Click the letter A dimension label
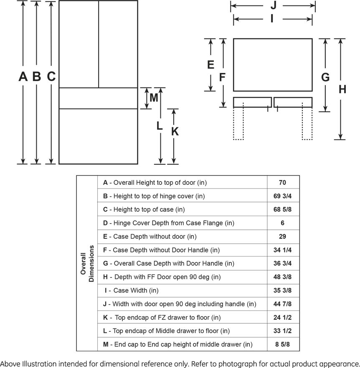23,76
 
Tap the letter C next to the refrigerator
51,76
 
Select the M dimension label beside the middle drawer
154,98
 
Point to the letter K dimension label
175,131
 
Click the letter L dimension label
160,126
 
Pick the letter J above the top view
273,5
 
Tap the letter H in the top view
342,89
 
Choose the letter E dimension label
210,65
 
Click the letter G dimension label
325,77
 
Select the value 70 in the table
282,183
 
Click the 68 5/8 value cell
282,209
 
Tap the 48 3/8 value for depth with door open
282,277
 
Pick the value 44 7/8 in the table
282,304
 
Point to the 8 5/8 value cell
282,344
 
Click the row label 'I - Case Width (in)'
132,290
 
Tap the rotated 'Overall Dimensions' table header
87,264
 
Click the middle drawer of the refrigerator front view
98,98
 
